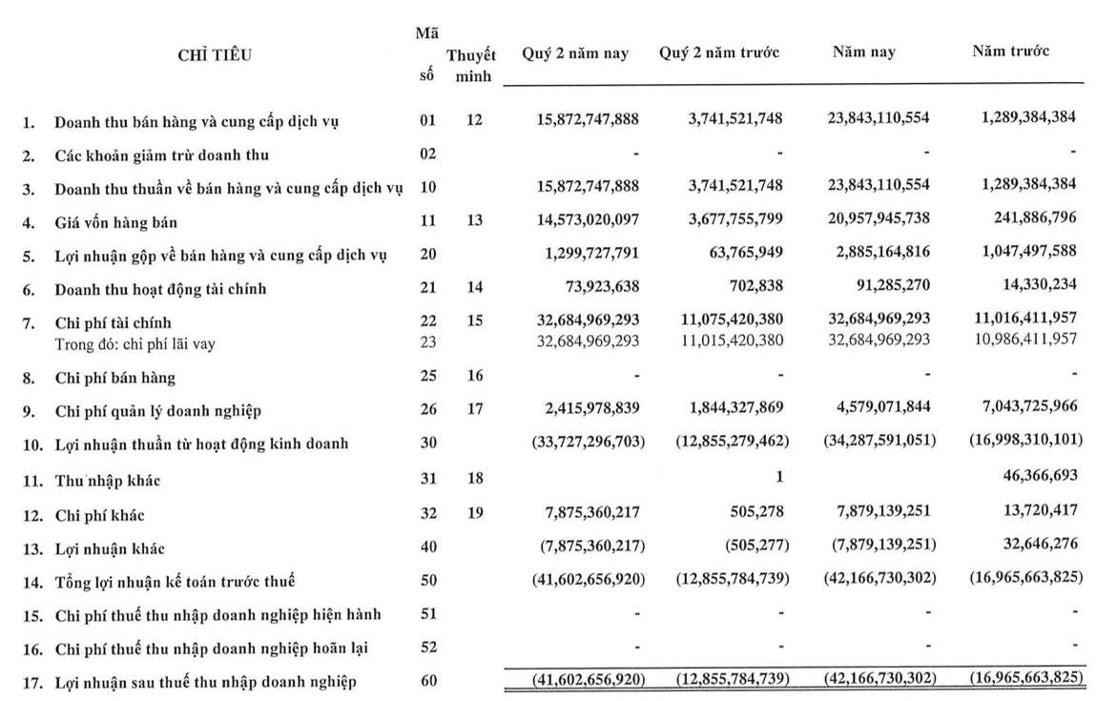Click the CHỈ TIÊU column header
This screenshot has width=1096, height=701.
pos(215,55)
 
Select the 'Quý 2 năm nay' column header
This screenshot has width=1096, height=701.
pos(575,53)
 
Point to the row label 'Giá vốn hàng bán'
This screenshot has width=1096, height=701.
pos(115,222)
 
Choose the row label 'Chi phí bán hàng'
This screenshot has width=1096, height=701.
pos(114,378)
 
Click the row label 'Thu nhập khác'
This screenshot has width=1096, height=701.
pos(108,481)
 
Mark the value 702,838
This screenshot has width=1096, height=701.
pos(756,288)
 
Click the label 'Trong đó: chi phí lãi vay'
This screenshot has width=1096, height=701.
pos(134,344)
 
